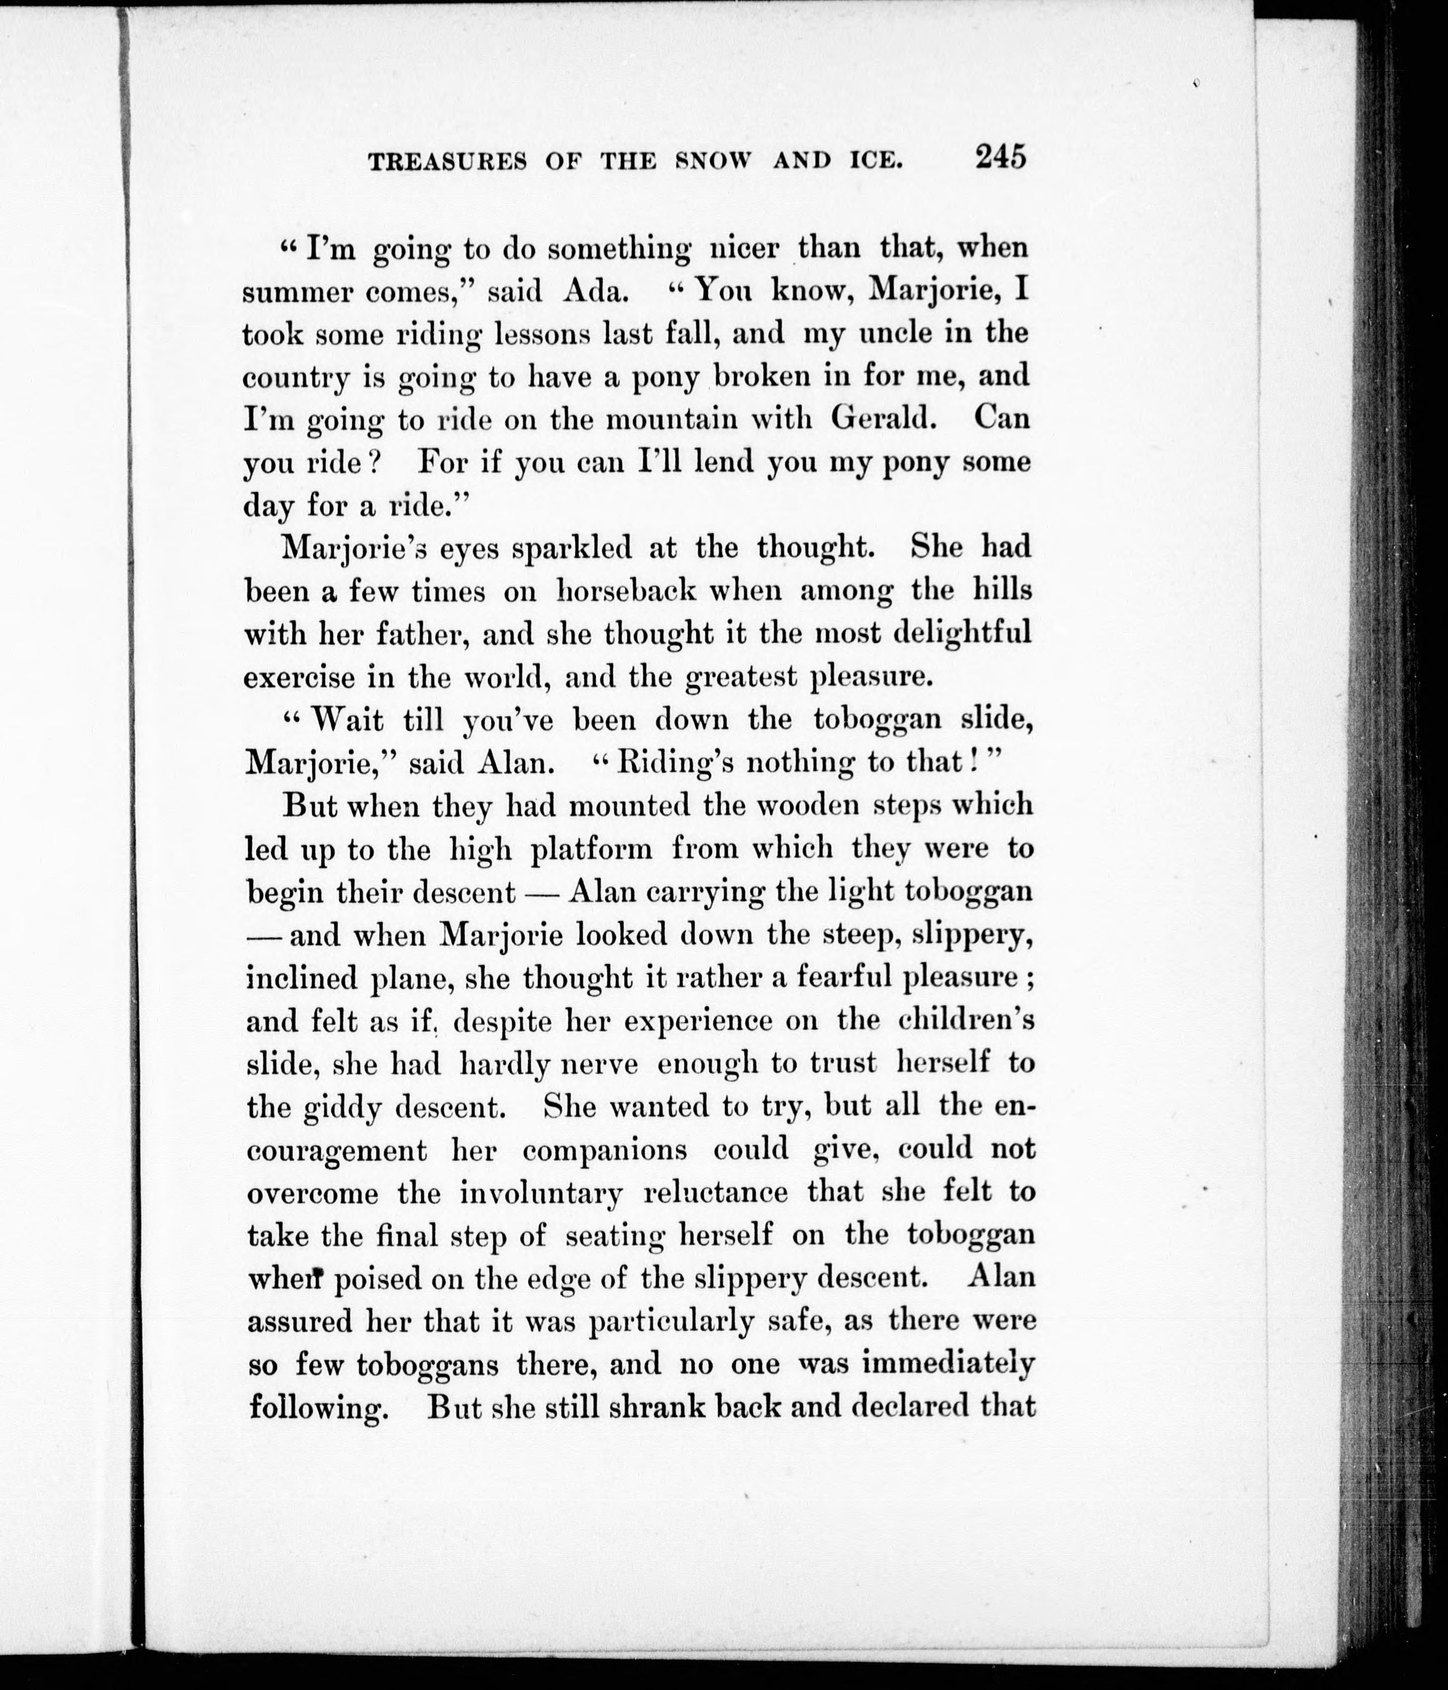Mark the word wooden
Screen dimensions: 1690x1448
808,806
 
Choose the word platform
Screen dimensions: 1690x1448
591,850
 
